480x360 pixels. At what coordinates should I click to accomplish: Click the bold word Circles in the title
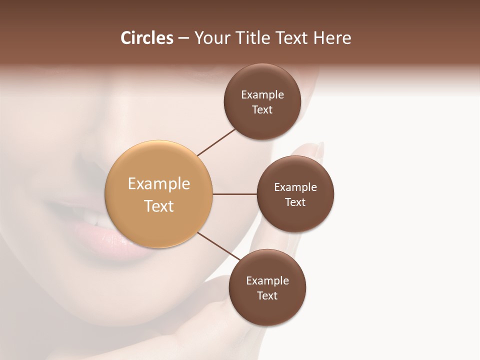(x=146, y=38)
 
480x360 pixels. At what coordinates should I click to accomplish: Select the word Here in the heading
(x=332, y=38)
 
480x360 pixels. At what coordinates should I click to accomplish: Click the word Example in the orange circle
(x=159, y=184)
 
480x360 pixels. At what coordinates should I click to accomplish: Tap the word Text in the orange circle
(x=159, y=206)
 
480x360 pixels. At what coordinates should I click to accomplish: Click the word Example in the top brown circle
(x=262, y=95)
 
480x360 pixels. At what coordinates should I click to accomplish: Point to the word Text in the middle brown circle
(x=295, y=202)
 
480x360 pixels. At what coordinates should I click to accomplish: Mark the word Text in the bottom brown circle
(x=267, y=296)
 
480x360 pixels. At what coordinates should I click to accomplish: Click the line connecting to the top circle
(x=216, y=142)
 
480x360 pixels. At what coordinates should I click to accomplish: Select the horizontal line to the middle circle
(x=234, y=194)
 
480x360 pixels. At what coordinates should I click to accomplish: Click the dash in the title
(x=183, y=38)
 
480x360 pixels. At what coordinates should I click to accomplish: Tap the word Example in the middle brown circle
(x=295, y=187)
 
